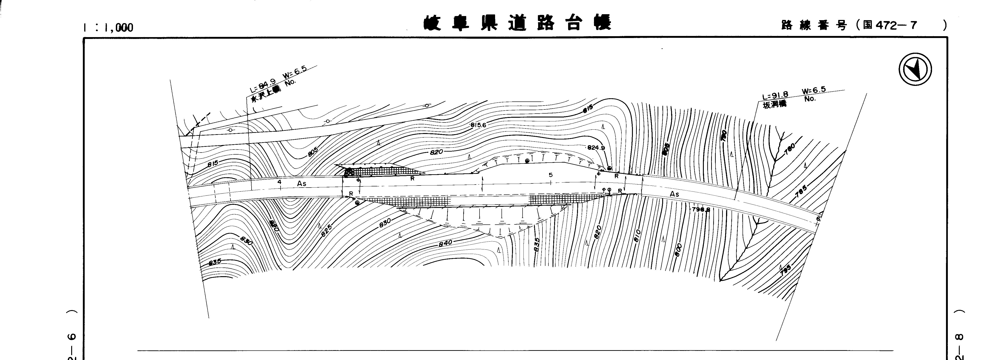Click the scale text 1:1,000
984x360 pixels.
point(108,27)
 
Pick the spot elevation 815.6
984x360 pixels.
point(478,125)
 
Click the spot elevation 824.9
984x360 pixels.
point(596,148)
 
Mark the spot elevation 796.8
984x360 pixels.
point(701,209)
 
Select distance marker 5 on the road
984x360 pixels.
point(550,175)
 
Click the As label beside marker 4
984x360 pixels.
point(302,183)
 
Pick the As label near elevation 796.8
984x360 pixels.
point(675,194)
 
